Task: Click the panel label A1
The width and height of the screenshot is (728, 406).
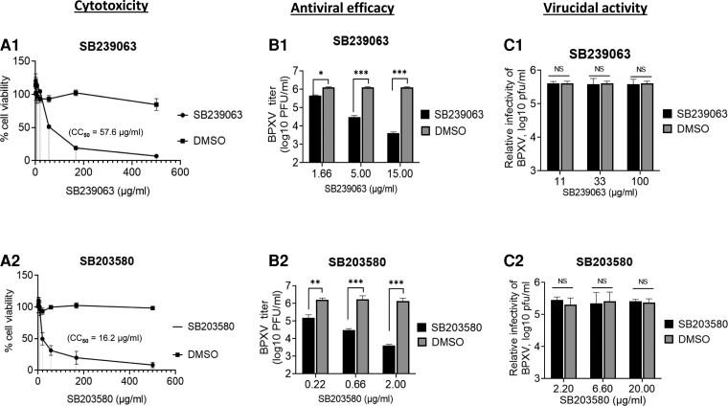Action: tap(11, 44)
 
